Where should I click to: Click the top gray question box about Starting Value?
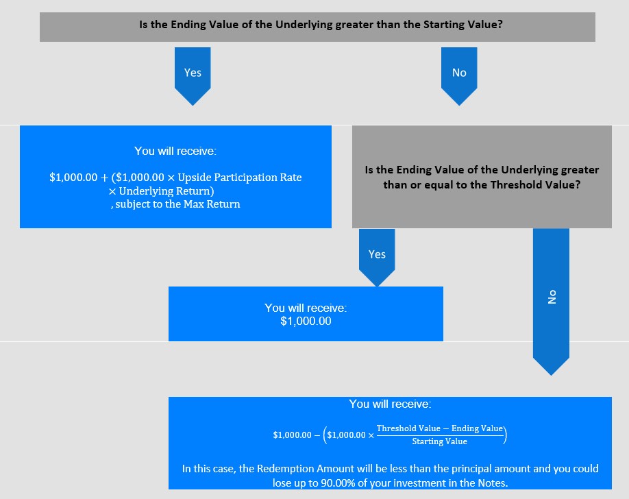(317, 27)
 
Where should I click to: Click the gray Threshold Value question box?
(482, 177)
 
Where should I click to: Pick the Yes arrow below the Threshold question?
(377, 257)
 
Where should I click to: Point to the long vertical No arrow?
(551, 302)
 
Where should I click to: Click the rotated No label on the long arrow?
(552, 297)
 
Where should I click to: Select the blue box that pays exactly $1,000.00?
(306, 314)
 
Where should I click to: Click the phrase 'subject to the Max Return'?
(177, 204)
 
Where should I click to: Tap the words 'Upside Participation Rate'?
(240, 178)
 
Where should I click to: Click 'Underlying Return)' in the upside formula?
(166, 191)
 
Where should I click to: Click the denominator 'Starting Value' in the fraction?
(440, 441)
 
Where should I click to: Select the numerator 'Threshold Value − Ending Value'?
(440, 428)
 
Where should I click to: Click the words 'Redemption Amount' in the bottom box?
(306, 469)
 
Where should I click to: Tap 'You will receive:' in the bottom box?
(390, 404)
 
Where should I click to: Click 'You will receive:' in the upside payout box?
(175, 151)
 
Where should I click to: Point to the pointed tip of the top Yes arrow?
(193, 106)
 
